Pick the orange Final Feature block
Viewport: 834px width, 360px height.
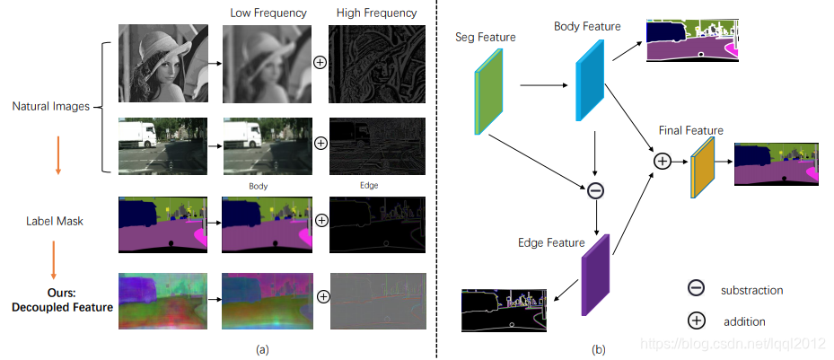tap(702, 168)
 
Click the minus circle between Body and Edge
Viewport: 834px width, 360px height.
tap(594, 190)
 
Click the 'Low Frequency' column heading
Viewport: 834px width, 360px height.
tap(267, 13)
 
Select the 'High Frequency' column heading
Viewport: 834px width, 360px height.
tap(377, 13)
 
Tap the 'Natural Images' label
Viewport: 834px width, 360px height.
tap(50, 107)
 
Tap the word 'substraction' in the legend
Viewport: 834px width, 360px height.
tap(751, 290)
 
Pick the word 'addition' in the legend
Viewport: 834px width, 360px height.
tap(744, 320)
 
